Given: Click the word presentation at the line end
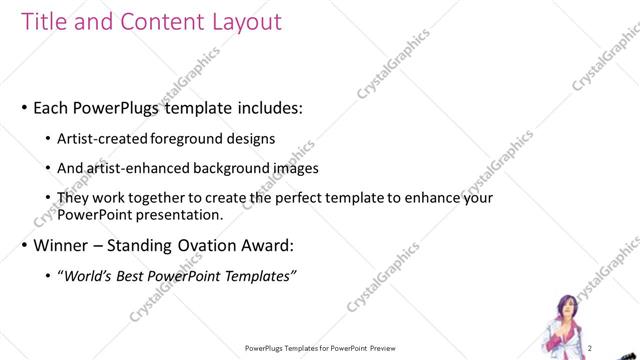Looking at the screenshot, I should point(179,215).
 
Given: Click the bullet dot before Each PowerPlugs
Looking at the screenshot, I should point(24,107).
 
